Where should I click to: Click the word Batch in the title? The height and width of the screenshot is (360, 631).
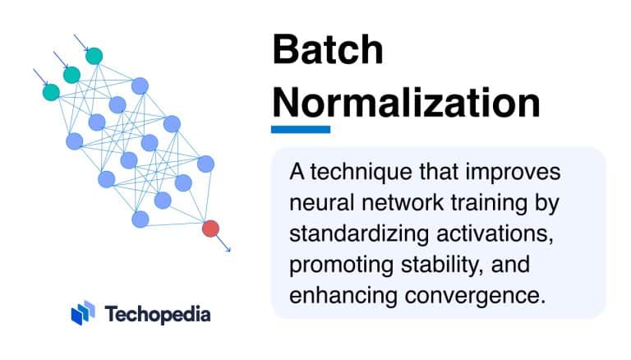click(328, 51)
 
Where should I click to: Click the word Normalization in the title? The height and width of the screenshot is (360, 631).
click(406, 104)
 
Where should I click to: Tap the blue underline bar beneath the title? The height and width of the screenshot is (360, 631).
click(301, 129)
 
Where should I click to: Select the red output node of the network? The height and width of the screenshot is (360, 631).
click(210, 228)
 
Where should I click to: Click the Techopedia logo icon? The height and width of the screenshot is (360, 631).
click(83, 312)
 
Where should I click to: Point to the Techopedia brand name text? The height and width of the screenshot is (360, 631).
click(158, 313)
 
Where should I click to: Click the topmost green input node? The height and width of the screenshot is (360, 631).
click(94, 56)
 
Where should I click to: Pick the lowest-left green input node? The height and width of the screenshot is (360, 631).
click(52, 91)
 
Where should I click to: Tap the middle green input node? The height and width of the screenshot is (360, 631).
click(72, 75)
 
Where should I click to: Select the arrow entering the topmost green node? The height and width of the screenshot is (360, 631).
click(81, 42)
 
